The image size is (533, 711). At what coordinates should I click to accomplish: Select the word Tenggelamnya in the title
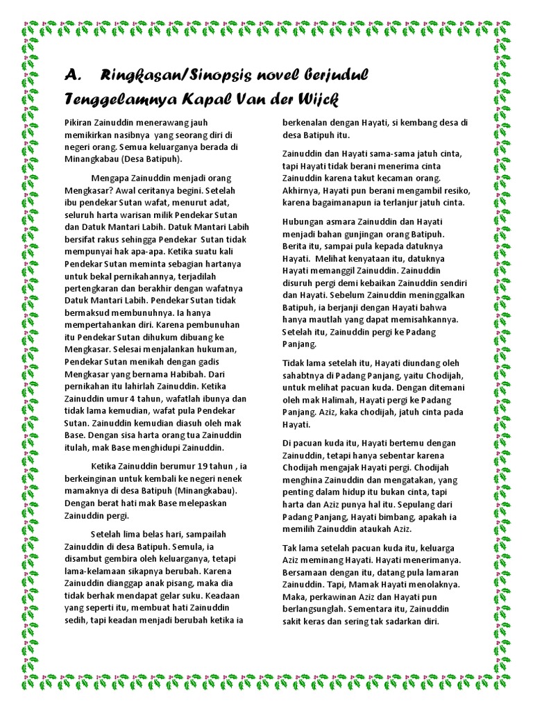(117, 98)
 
